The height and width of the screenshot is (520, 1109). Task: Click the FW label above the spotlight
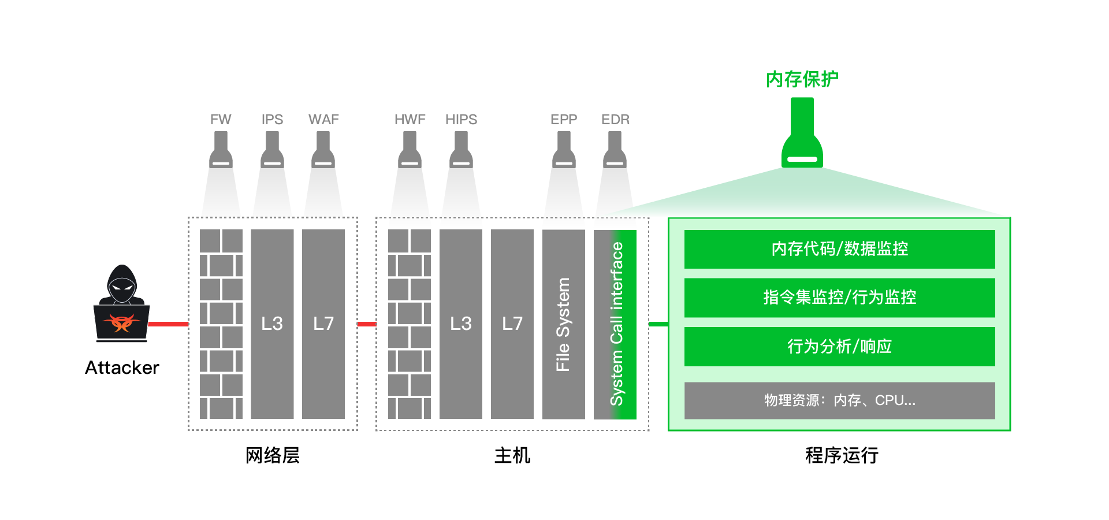click(221, 120)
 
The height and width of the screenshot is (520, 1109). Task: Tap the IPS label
click(272, 120)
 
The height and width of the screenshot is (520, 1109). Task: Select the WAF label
click(323, 120)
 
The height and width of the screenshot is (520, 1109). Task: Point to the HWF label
click(410, 120)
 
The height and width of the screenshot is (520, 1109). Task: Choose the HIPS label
click(461, 120)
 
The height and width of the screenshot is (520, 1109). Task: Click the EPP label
click(564, 120)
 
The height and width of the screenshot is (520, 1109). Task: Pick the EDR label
click(615, 120)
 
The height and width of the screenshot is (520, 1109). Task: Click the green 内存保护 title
click(802, 79)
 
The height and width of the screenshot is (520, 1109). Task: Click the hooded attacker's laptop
click(122, 323)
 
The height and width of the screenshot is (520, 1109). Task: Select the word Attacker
click(122, 367)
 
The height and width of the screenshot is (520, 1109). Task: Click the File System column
click(563, 324)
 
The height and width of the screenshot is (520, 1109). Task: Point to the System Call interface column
click(616, 324)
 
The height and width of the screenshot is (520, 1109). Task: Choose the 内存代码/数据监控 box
click(839, 249)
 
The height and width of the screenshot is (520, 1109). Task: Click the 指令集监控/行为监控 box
click(839, 298)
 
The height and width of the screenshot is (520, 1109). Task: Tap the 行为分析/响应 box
click(839, 346)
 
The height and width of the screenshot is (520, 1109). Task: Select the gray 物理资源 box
click(839, 400)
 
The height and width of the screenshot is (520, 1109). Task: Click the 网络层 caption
click(273, 455)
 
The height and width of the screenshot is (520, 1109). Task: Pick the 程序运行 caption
click(842, 455)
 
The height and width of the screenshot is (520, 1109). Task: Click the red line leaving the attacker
click(168, 324)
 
